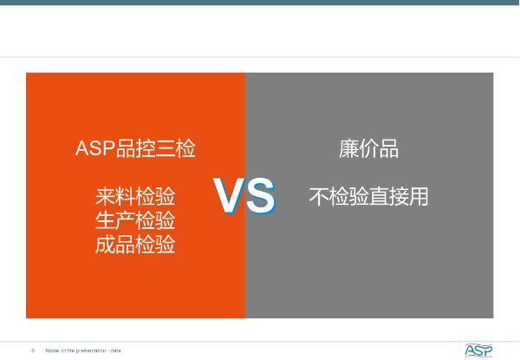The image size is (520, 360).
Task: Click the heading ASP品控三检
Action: tap(135, 148)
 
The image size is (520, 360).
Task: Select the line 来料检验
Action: tap(135, 196)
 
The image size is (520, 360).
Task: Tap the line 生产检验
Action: tap(135, 220)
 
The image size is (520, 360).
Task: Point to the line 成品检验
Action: tap(135, 245)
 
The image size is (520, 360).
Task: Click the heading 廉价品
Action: tap(368, 149)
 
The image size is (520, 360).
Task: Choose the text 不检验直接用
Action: tap(368, 196)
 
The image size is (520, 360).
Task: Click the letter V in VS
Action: tap(229, 195)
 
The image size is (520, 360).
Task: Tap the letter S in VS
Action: tap(261, 195)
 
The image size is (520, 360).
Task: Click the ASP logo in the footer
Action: tap(478, 350)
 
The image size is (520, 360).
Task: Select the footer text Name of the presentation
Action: tap(75, 350)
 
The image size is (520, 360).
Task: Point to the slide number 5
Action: tap(33, 350)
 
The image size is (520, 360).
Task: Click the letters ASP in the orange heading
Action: tap(95, 148)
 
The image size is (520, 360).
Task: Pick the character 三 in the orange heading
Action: tap(166, 148)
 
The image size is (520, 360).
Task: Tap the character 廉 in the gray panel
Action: tap(348, 149)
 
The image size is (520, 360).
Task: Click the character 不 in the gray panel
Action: tap(319, 196)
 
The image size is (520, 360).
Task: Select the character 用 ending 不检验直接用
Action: tap(419, 196)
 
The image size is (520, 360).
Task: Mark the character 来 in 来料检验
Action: tap(105, 196)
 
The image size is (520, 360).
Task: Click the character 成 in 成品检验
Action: tap(105, 245)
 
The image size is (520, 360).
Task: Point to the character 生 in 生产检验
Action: tap(105, 220)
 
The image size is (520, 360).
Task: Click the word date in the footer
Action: tap(116, 350)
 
